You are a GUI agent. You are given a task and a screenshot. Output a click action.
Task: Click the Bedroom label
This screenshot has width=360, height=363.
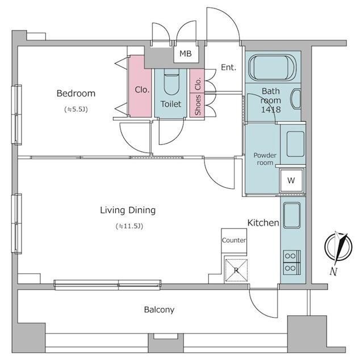click(76, 93)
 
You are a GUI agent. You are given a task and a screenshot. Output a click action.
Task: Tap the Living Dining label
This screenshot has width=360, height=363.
click(128, 210)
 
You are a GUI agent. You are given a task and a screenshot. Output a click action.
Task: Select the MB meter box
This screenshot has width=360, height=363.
click(186, 54)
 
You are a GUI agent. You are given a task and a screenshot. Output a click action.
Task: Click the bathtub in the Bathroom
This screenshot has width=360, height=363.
click(273, 67)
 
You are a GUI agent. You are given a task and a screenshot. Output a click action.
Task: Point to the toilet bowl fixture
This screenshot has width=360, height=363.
click(171, 82)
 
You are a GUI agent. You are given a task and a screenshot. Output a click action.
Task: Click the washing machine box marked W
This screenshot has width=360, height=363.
click(291, 180)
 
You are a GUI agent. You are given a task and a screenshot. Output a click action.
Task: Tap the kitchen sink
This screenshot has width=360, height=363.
click(292, 215)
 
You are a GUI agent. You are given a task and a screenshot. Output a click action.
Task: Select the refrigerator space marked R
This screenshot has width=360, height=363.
click(236, 270)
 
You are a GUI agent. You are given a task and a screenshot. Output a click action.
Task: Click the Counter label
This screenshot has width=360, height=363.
click(234, 240)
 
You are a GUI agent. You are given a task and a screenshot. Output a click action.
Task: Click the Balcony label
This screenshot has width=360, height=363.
click(159, 310)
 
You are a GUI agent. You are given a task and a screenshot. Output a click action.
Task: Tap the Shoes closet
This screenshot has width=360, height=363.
click(197, 105)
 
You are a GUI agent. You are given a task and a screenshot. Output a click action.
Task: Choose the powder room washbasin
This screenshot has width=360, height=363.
click(295, 144)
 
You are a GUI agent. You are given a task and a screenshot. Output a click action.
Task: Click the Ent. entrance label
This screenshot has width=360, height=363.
click(229, 67)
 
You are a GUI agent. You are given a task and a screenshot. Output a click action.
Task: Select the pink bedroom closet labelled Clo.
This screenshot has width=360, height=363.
click(140, 86)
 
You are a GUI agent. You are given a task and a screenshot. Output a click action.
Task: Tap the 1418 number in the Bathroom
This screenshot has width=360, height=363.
click(271, 109)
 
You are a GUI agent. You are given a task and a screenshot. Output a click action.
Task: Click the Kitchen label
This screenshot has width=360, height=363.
click(263, 223)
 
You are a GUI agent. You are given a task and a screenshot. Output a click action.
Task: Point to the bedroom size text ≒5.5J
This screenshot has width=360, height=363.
click(76, 109)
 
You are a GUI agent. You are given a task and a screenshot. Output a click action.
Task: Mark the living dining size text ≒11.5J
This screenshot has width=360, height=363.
click(129, 226)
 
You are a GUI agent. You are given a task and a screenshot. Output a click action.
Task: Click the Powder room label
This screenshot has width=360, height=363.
click(265, 159)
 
